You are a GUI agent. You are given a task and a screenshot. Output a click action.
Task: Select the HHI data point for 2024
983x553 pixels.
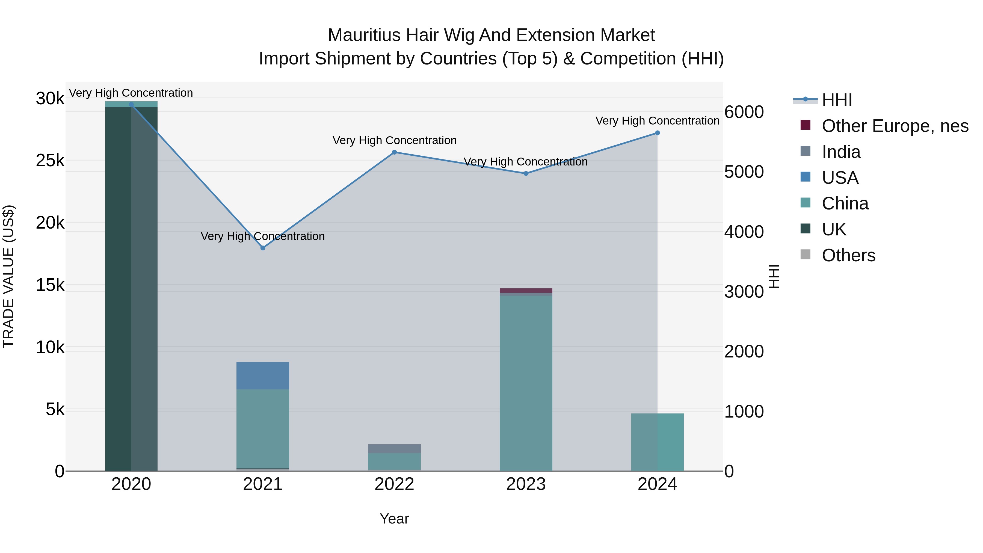(657, 133)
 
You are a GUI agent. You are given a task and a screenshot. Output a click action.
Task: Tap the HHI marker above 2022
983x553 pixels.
(394, 152)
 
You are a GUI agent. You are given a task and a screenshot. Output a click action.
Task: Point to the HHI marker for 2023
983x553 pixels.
(526, 173)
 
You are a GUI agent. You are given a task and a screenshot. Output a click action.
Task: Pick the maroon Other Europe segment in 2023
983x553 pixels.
(526, 291)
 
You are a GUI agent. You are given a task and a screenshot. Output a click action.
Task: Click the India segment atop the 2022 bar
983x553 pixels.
(394, 448)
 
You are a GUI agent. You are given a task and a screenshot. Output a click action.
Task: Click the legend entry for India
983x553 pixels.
(841, 152)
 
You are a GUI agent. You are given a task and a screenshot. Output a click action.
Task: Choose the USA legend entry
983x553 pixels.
(840, 178)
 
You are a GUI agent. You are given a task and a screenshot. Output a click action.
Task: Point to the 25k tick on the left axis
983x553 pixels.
(50, 161)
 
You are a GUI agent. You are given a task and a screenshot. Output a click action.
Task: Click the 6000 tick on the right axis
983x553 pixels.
(744, 112)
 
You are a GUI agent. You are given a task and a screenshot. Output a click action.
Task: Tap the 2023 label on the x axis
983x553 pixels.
(526, 484)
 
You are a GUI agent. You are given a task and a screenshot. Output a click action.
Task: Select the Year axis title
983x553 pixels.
(394, 519)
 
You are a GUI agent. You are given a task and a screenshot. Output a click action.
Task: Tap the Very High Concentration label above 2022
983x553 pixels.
(394, 140)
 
